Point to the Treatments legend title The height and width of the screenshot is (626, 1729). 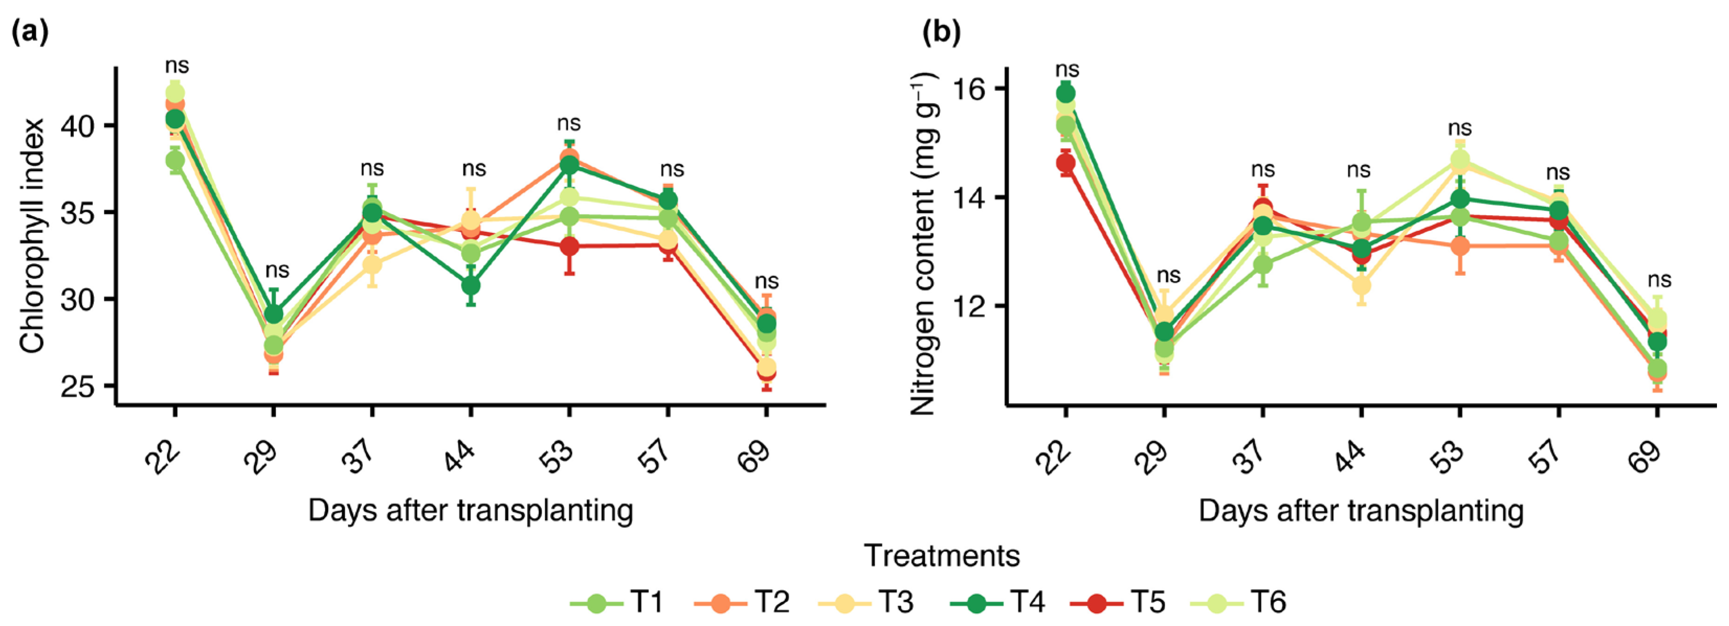(941, 555)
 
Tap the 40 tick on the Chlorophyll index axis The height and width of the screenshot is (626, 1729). (79, 126)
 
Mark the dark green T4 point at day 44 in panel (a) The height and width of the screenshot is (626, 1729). (471, 286)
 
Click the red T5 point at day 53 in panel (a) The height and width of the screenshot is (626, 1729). (569, 246)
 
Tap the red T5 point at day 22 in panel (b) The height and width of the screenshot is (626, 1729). (1065, 163)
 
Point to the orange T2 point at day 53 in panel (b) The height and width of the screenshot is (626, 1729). (1459, 246)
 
